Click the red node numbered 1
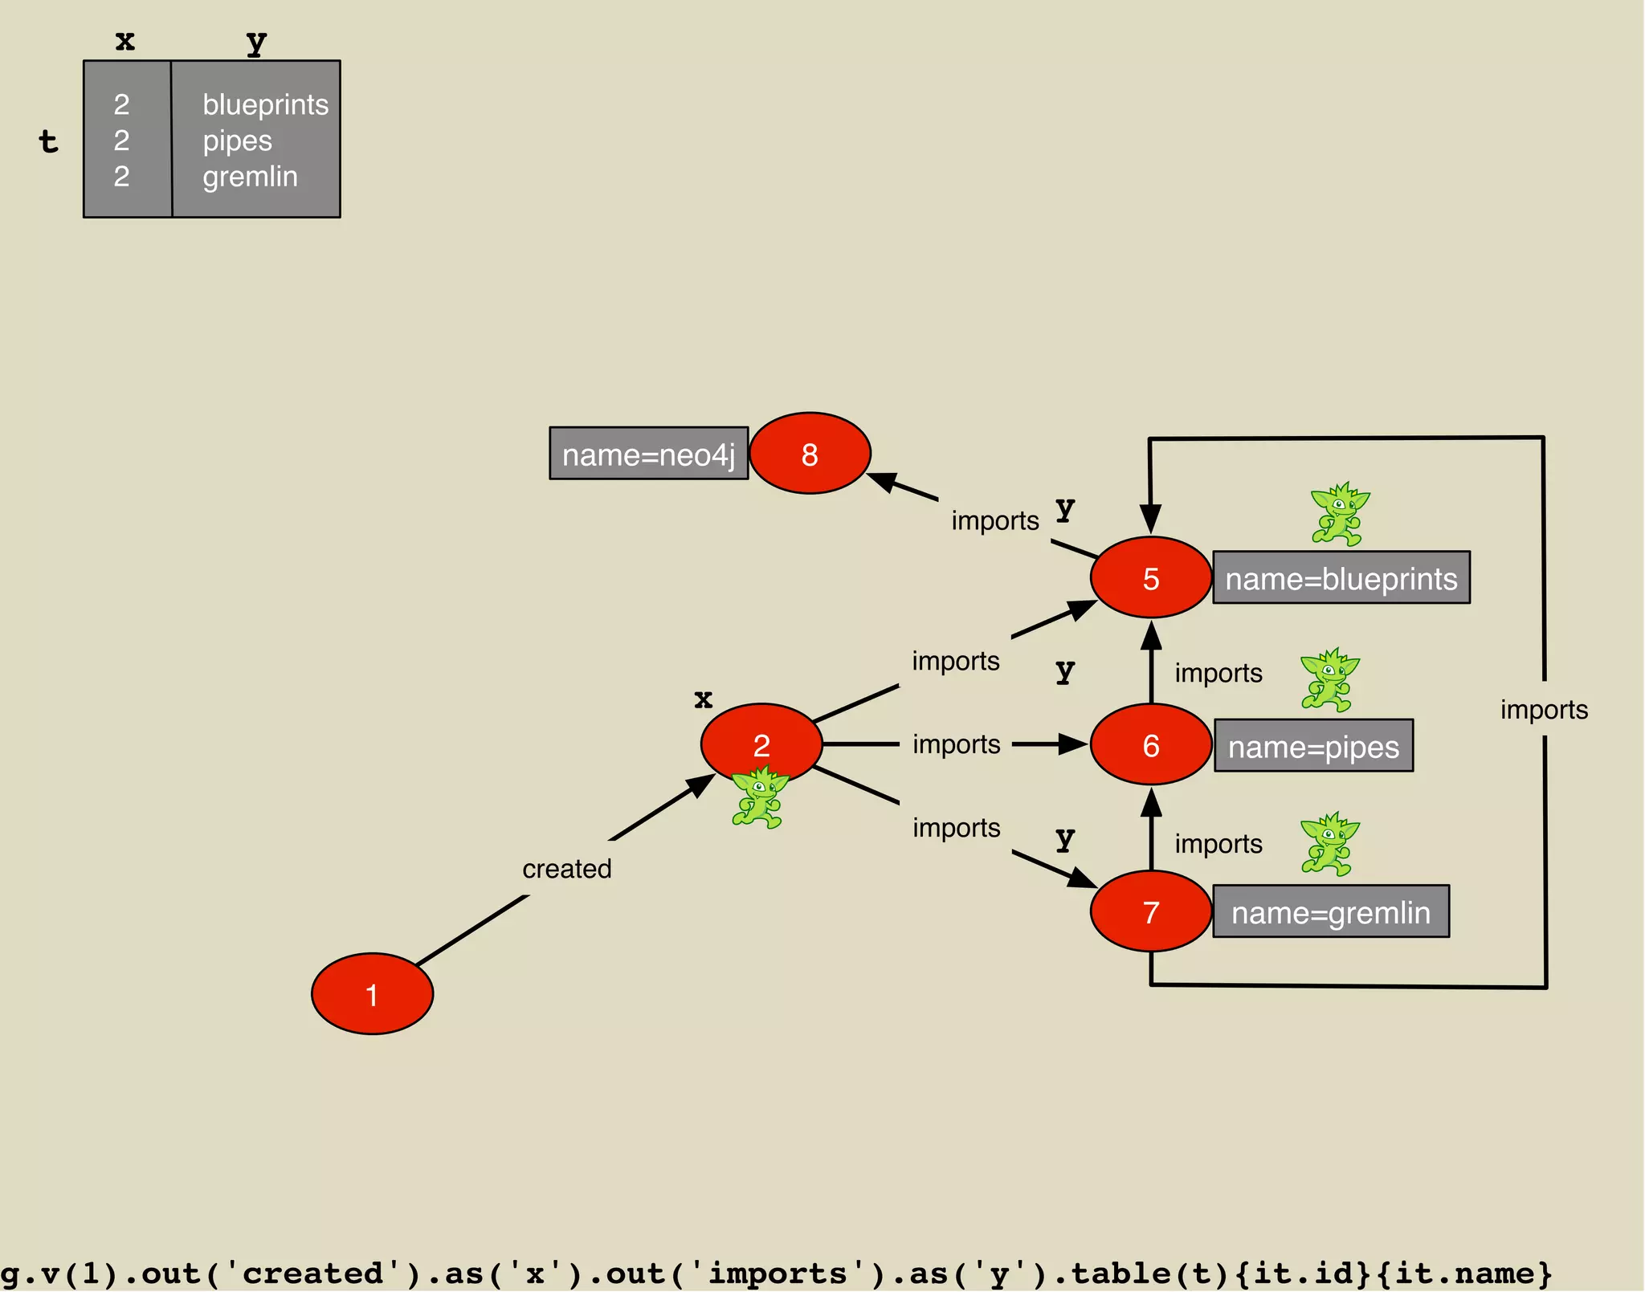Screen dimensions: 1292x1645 click(372, 994)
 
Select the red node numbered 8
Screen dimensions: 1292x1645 click(810, 454)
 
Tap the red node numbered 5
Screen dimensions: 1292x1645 click(1150, 577)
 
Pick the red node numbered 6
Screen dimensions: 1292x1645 click(1150, 745)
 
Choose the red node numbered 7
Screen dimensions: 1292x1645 click(1150, 911)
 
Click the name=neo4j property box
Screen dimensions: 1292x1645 click(648, 454)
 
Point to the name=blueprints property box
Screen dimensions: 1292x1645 click(1341, 577)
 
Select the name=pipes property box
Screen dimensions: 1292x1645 click(1313, 746)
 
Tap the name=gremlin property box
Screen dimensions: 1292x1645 click(1330, 911)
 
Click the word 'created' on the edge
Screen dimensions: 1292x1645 click(566, 868)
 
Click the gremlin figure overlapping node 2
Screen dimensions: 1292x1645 click(757, 797)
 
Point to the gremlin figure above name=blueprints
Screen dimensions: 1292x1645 click(1339, 515)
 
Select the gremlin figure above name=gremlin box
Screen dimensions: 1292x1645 click(1329, 844)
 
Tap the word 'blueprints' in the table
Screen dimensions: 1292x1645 click(265, 104)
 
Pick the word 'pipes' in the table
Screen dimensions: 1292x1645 click(237, 141)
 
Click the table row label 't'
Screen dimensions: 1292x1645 click(48, 141)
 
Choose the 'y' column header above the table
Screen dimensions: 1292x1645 click(256, 41)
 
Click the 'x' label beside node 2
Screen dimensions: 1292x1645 click(703, 699)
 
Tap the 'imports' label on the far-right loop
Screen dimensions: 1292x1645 click(1544, 709)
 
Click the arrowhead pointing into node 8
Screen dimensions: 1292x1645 click(884, 482)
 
